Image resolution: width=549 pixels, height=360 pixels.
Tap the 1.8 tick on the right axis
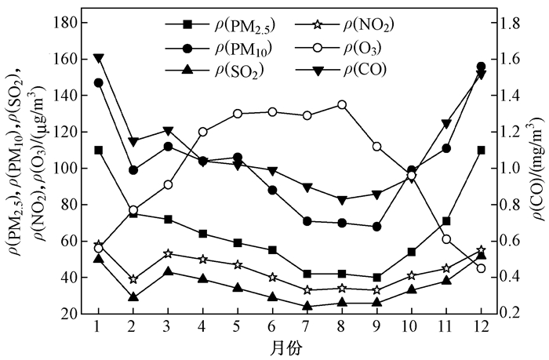click(x=511, y=24)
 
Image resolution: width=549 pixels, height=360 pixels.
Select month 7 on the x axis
click(x=307, y=325)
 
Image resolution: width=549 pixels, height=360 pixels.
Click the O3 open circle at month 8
click(x=342, y=104)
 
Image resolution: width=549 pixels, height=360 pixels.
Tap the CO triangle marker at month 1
click(x=99, y=58)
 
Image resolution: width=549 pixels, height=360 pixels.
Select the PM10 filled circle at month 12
click(x=481, y=67)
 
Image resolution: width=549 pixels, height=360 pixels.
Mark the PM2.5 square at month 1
click(x=99, y=150)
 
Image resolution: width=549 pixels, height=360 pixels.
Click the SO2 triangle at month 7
click(x=307, y=306)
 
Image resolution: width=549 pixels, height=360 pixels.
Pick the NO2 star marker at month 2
click(x=133, y=279)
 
